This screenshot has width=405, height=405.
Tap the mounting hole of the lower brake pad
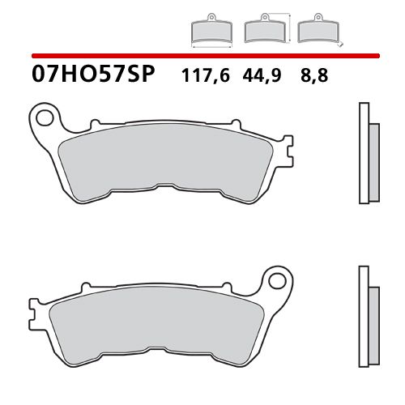280,284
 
